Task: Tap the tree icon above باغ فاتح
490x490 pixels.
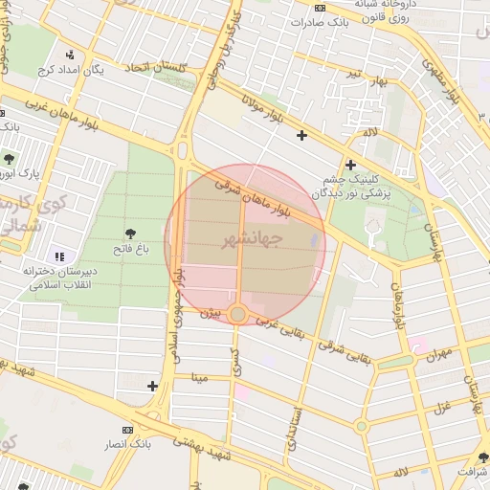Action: point(129,234)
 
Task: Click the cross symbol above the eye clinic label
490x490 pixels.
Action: point(350,165)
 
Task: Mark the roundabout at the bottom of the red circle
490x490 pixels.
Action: point(238,313)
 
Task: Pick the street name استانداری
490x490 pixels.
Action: point(296,428)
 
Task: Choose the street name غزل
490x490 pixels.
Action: point(443,410)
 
